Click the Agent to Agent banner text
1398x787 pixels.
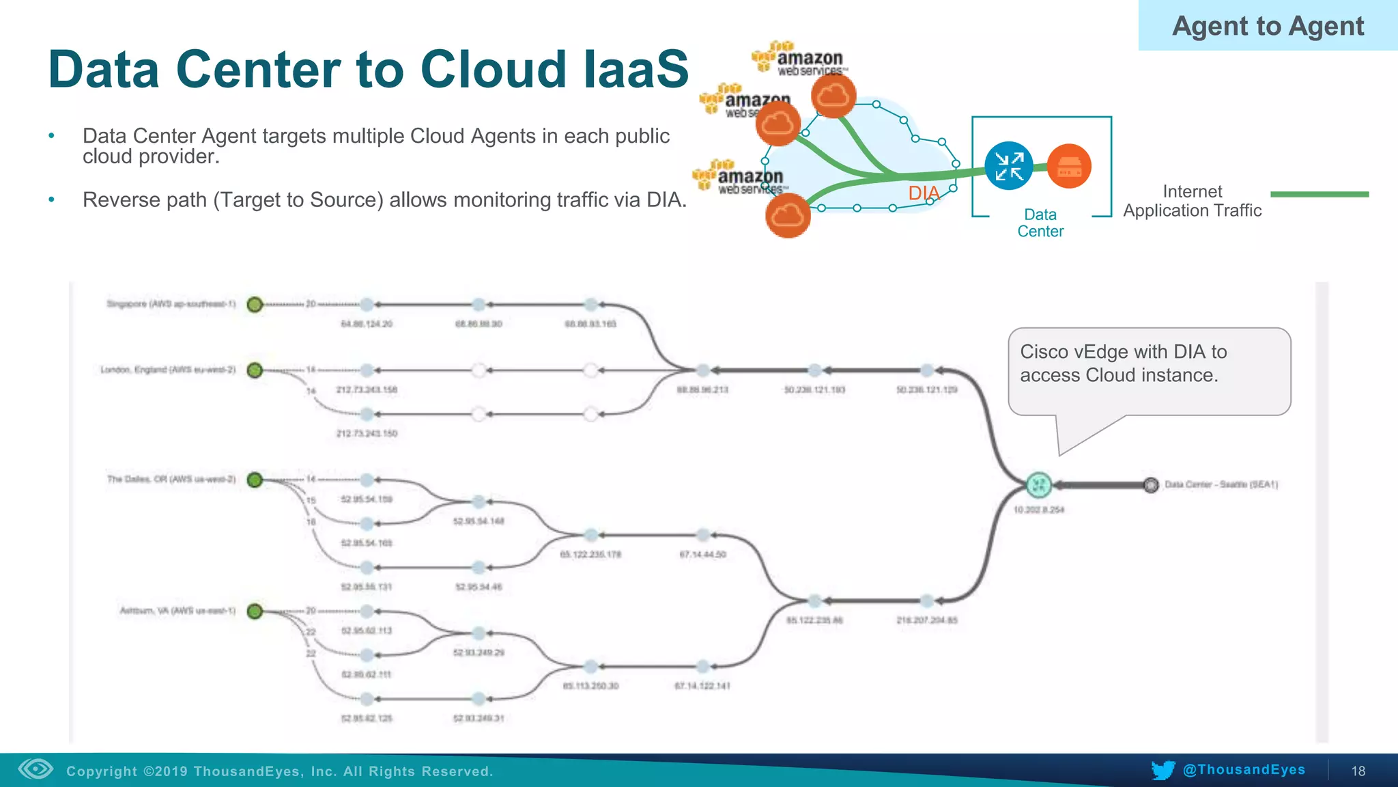click(1268, 26)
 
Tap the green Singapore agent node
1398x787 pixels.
click(255, 305)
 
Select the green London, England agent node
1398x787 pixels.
click(255, 370)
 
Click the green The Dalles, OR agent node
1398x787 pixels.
click(255, 480)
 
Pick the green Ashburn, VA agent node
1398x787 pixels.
click(255, 611)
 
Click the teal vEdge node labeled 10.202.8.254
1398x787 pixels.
click(1038, 485)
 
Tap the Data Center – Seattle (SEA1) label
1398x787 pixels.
click(1221, 484)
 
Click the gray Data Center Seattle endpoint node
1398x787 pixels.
click(1151, 485)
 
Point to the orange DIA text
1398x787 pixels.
click(924, 193)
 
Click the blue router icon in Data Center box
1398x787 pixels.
click(1008, 166)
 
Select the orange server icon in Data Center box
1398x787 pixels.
click(1069, 166)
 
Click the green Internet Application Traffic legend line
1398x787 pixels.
click(1319, 195)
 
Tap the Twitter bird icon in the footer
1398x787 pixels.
click(1162, 770)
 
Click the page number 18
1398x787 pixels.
click(1358, 771)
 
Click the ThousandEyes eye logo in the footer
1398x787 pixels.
click(35, 769)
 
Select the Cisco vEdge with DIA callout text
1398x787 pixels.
click(1123, 363)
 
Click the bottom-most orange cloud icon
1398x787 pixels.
click(788, 216)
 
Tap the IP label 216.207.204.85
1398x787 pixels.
click(926, 620)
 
